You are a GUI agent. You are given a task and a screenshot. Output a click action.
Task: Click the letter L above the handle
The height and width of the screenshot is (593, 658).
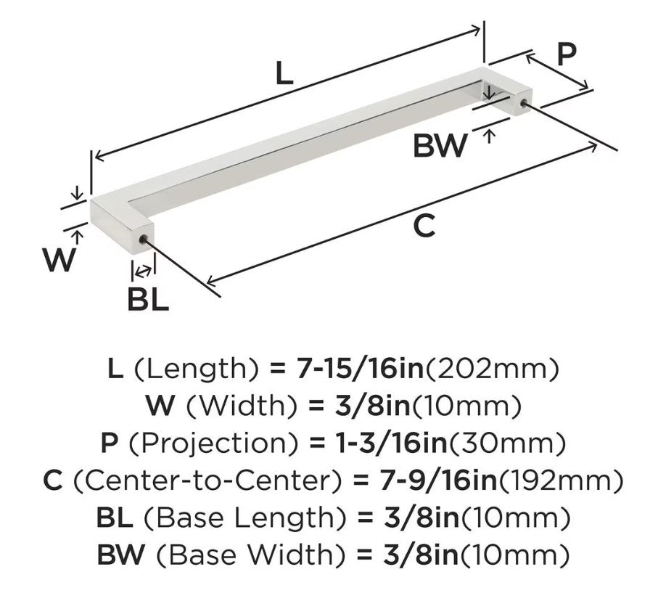(284, 73)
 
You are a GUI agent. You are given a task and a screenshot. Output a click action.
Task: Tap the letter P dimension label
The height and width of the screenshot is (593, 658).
(567, 54)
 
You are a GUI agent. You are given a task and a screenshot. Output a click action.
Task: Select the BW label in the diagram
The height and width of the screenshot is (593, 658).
(440, 145)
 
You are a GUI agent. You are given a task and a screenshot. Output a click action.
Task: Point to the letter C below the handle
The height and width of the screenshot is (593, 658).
(424, 226)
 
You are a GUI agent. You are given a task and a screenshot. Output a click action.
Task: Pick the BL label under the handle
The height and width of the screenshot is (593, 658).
(148, 299)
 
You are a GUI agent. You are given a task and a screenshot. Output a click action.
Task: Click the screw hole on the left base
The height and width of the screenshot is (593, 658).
(143, 240)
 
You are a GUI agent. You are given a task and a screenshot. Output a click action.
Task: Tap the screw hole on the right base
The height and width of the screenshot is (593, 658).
(523, 103)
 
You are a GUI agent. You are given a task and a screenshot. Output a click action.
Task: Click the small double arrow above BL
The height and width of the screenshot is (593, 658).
(144, 271)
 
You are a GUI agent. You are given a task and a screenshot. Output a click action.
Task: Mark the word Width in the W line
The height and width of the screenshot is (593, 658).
(242, 406)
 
